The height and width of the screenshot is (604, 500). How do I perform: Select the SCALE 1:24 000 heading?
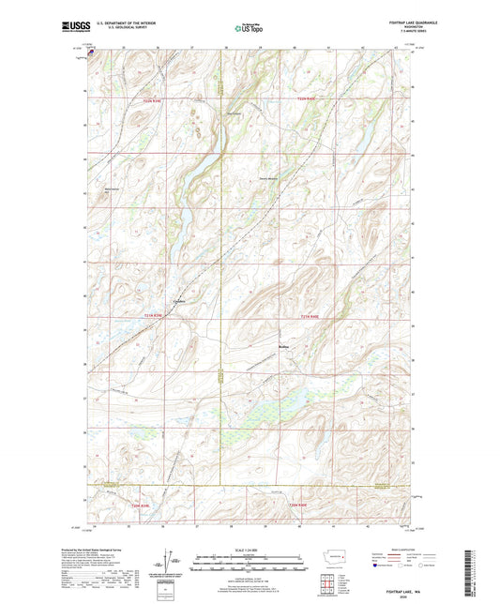pos(250,550)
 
